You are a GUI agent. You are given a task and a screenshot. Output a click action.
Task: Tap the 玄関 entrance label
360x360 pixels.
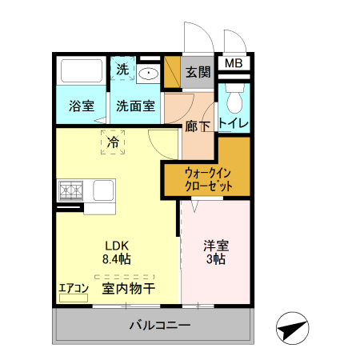(198, 73)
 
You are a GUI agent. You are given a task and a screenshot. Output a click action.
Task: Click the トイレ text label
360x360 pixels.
(234, 123)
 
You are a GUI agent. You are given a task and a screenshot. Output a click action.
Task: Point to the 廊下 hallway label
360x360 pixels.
(197, 125)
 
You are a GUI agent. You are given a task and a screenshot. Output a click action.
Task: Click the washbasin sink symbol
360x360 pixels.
(149, 74)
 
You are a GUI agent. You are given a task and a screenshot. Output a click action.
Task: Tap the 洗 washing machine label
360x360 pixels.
(122, 70)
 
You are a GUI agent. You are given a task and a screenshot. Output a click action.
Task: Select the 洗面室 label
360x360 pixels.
(135, 106)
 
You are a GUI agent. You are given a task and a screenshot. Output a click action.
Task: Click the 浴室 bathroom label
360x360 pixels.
(82, 106)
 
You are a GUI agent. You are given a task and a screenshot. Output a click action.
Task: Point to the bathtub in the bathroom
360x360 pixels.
(82, 72)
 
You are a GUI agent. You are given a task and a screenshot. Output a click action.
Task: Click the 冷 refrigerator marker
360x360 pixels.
(113, 142)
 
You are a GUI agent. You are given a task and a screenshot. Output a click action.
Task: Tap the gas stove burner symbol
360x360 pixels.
(70, 191)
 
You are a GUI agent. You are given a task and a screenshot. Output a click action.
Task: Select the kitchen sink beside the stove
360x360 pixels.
(103, 191)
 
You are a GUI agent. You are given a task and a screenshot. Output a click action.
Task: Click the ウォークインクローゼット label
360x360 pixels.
(209, 178)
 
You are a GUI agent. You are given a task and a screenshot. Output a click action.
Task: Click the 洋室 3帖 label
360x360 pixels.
(215, 252)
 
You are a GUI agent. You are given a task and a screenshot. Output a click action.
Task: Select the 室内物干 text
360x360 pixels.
(128, 288)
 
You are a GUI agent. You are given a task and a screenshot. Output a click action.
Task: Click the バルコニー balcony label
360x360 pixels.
(160, 326)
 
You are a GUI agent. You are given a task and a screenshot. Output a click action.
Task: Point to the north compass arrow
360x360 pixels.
(292, 329)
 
